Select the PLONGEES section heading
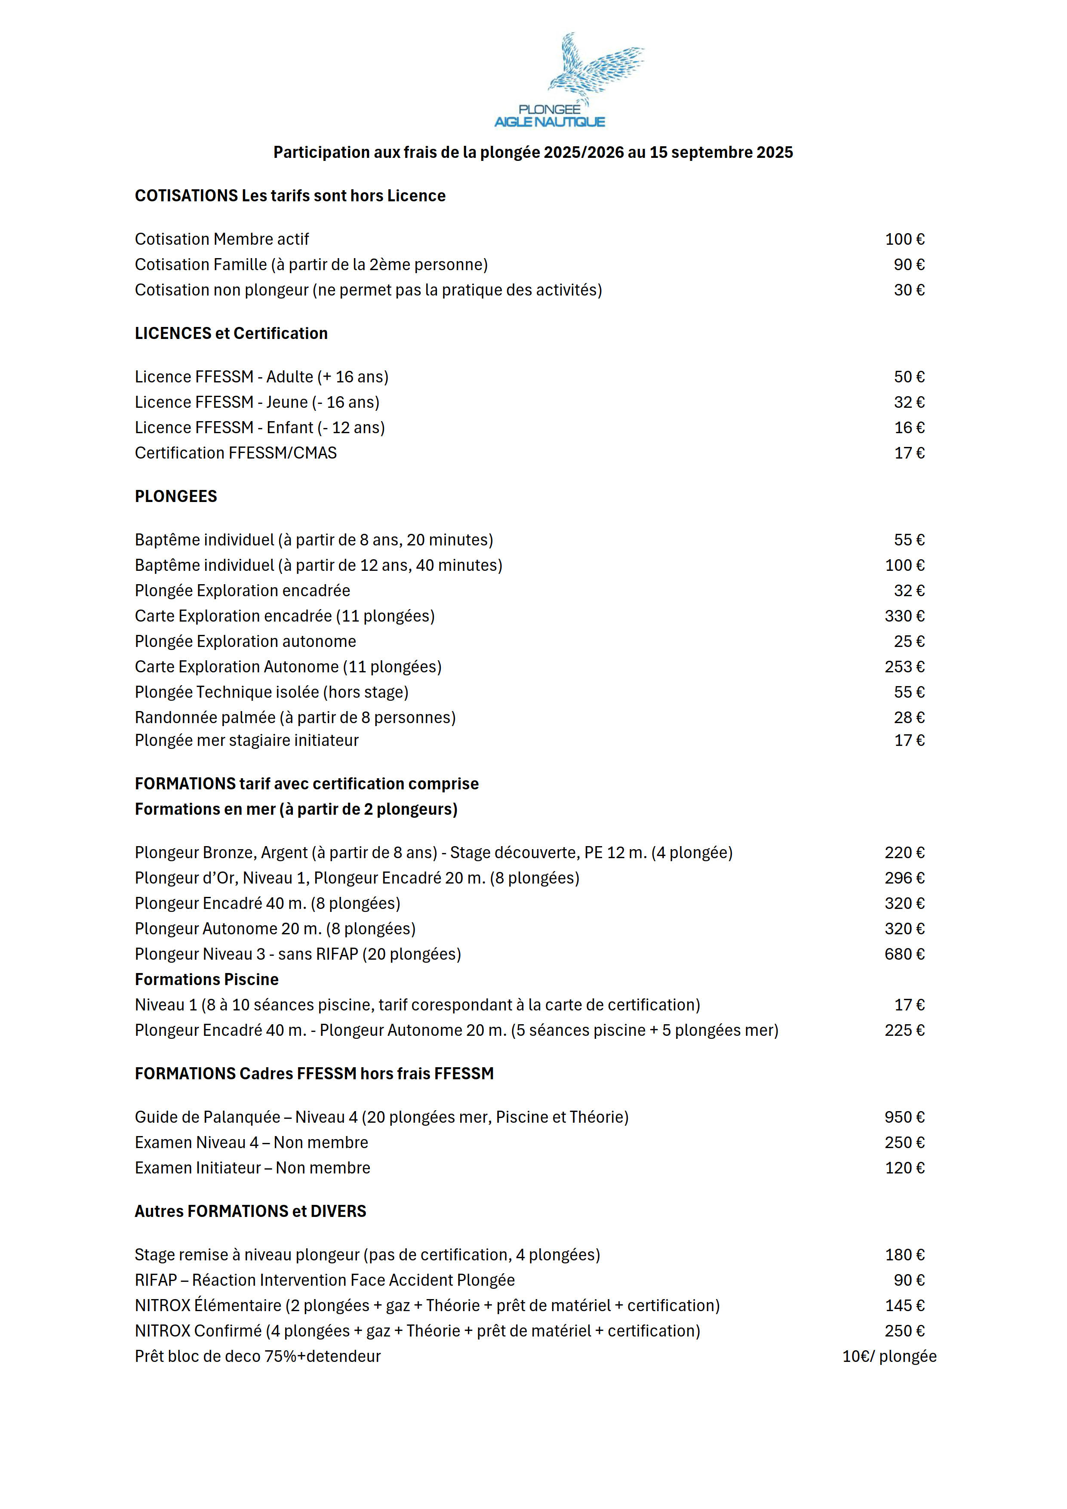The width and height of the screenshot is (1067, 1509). pos(175,496)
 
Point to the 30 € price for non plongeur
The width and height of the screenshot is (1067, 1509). pos(909,290)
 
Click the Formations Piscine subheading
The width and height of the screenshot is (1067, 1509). pos(206,980)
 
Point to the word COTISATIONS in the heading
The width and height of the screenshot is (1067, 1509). pos(186,196)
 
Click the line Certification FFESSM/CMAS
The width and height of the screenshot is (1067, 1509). pos(235,453)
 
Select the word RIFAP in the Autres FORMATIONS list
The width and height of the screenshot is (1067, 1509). pos(156,1280)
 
